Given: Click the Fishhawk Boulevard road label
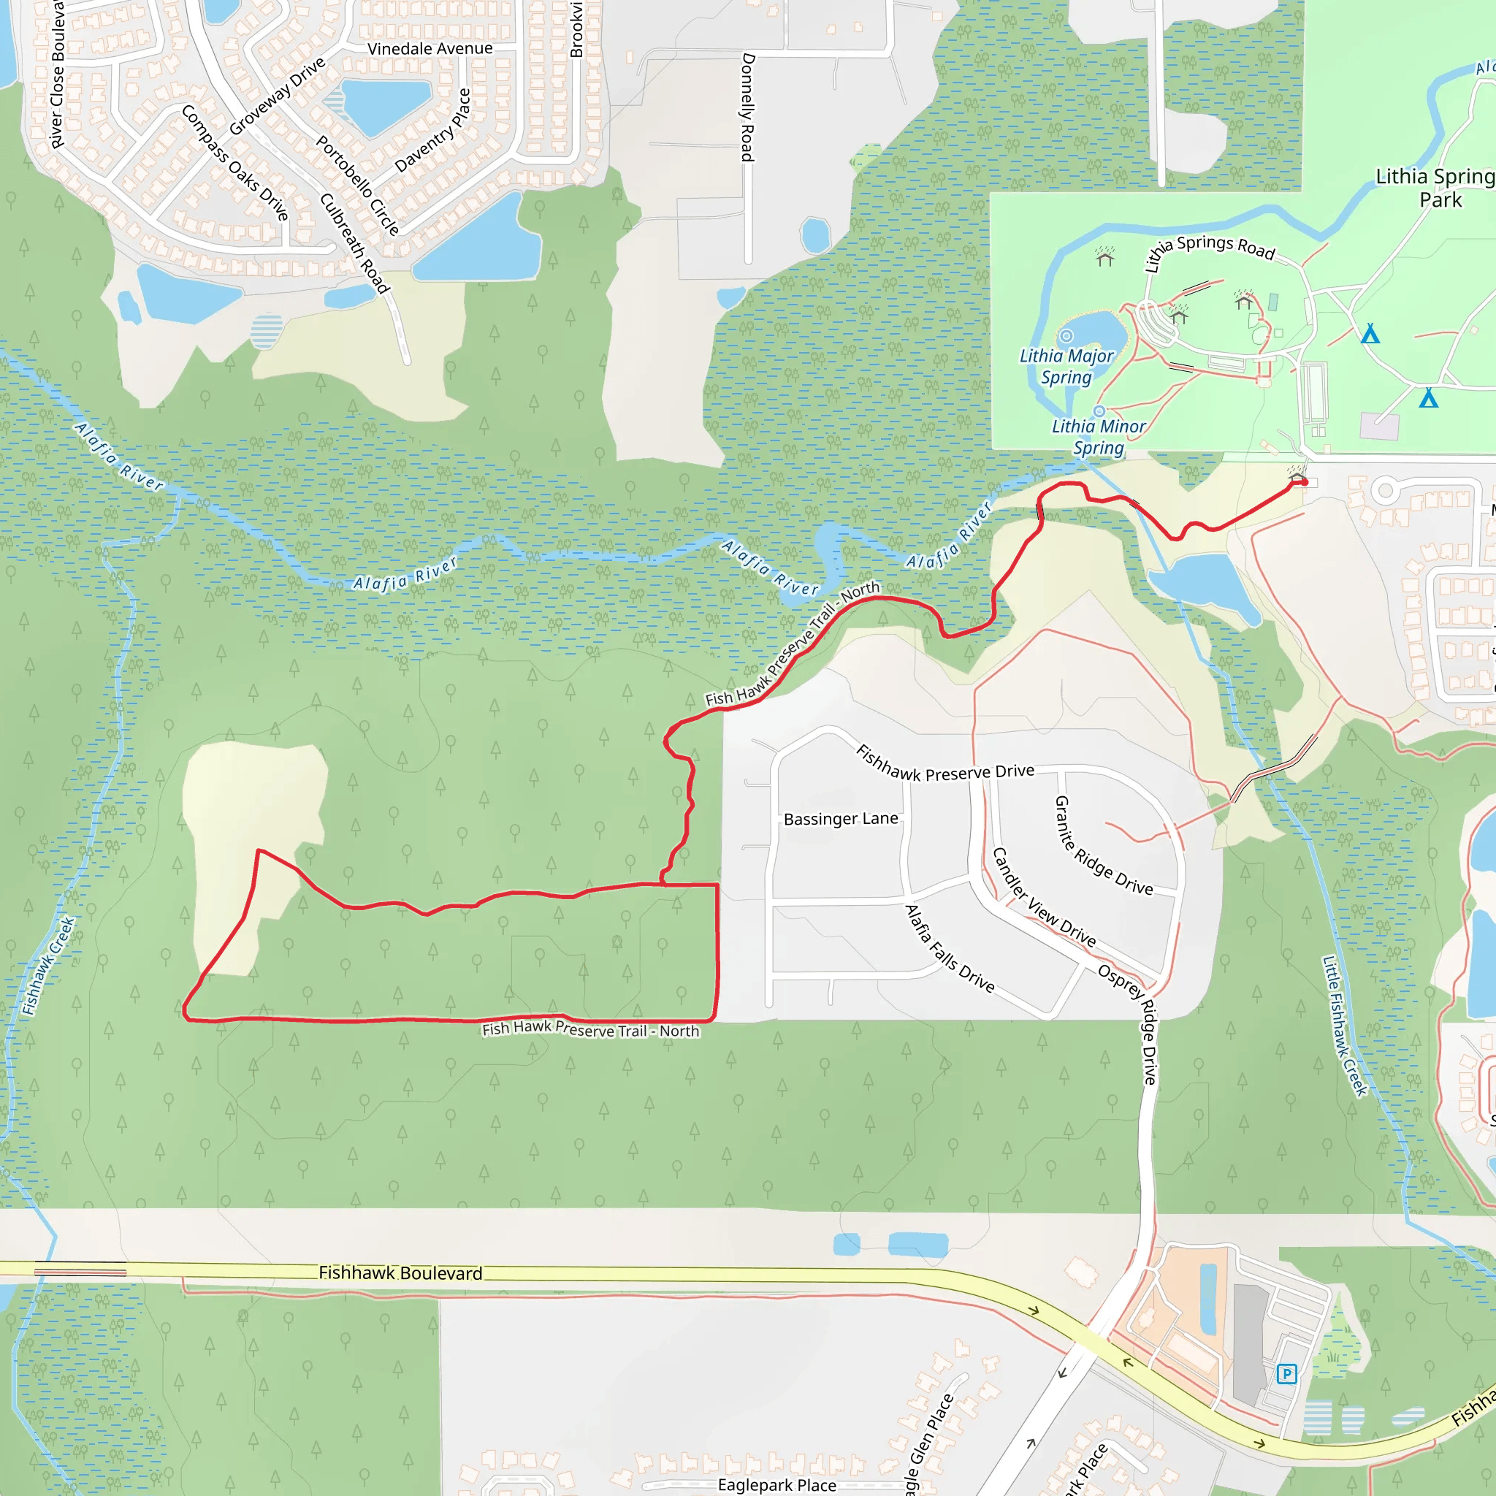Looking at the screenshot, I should point(400,1273).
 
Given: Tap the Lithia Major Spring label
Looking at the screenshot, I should point(1066,366).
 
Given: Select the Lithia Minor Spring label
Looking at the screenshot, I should point(1098,437).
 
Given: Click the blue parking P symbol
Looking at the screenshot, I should point(1286,1374).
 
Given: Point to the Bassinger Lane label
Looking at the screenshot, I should point(841,818).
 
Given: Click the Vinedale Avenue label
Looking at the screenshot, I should point(430,49).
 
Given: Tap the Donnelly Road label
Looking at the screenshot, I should point(748,107).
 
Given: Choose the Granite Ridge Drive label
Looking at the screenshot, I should point(1104,847).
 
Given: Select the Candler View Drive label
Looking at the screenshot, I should point(1044,898).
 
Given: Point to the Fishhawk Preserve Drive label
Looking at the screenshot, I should point(944,763).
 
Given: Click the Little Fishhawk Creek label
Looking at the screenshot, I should point(1344,1026).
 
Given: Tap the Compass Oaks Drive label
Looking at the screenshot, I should point(235,163).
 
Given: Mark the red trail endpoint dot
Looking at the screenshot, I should point(1305,481).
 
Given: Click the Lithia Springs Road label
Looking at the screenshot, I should point(1209,250).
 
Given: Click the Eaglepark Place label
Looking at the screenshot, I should point(776,1485).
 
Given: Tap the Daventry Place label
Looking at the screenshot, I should point(432,131).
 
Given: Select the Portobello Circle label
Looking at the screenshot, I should point(358,186).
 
